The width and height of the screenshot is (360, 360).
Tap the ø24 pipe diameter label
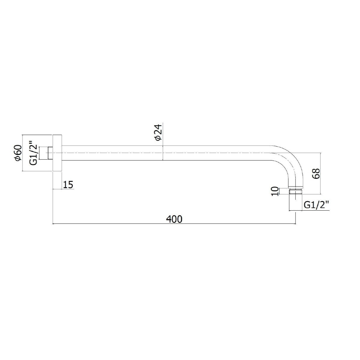pos(158,132)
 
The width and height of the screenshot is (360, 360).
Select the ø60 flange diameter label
pos(19,153)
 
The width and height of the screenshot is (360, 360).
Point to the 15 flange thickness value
pos(68,185)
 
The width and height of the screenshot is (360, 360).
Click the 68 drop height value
pos(316,174)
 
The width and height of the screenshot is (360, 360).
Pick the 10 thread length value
pos(275,191)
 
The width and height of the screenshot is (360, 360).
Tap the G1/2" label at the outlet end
pos(316,205)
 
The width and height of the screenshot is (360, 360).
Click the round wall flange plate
pos(57,153)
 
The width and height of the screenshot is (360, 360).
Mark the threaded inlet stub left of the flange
pos(50,153)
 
